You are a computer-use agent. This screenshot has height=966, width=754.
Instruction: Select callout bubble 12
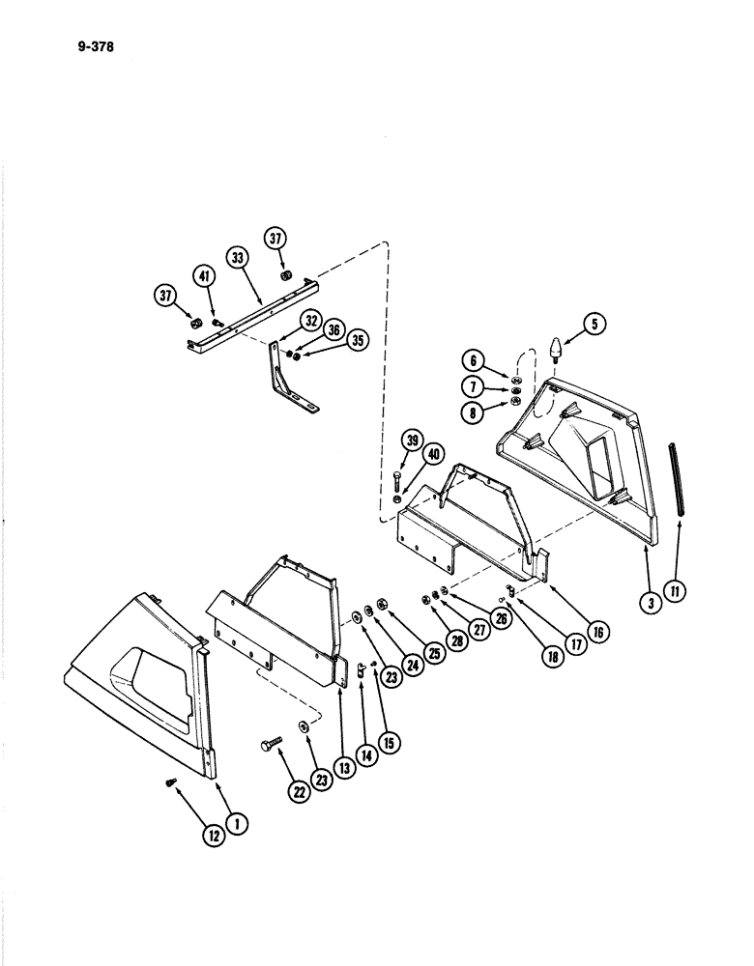(x=214, y=836)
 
